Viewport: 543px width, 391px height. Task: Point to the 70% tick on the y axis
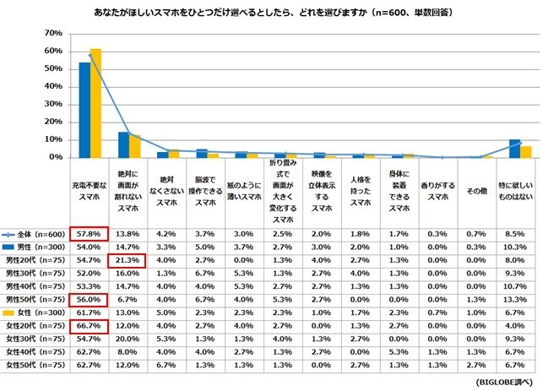52,34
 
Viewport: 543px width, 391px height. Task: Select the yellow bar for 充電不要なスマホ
95,103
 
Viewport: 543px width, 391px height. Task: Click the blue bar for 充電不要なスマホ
84,110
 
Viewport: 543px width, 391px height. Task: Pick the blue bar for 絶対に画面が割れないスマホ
123,144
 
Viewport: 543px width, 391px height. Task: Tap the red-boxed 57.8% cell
90,231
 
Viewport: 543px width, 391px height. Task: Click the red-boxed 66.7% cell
90,324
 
